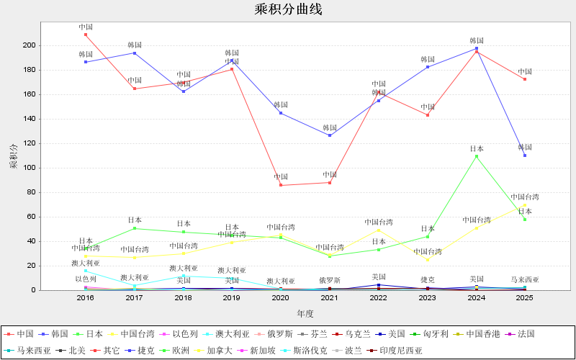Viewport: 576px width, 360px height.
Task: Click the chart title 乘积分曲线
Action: click(x=288, y=9)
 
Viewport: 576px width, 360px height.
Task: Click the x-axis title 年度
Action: click(x=305, y=314)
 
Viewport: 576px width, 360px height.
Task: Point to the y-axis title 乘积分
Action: click(x=12, y=156)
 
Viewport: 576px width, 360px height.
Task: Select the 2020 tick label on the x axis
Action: click(x=281, y=297)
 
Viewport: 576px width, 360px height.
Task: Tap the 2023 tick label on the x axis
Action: click(x=428, y=297)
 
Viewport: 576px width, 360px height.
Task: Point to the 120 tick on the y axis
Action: click(x=28, y=143)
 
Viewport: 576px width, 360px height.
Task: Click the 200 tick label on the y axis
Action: click(x=28, y=45)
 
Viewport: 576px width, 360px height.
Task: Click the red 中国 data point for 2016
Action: click(x=86, y=35)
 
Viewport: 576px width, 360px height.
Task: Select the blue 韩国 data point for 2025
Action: click(x=525, y=156)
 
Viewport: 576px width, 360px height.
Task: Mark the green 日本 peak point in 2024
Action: click(x=477, y=156)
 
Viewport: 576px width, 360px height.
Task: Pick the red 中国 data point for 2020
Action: click(x=281, y=185)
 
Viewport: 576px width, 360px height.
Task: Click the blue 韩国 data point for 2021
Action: click(x=330, y=135)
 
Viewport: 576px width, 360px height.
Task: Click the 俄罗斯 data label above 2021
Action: click(x=330, y=281)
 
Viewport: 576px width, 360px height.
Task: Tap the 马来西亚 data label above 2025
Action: click(x=525, y=279)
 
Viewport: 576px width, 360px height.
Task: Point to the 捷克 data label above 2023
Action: click(x=428, y=279)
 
